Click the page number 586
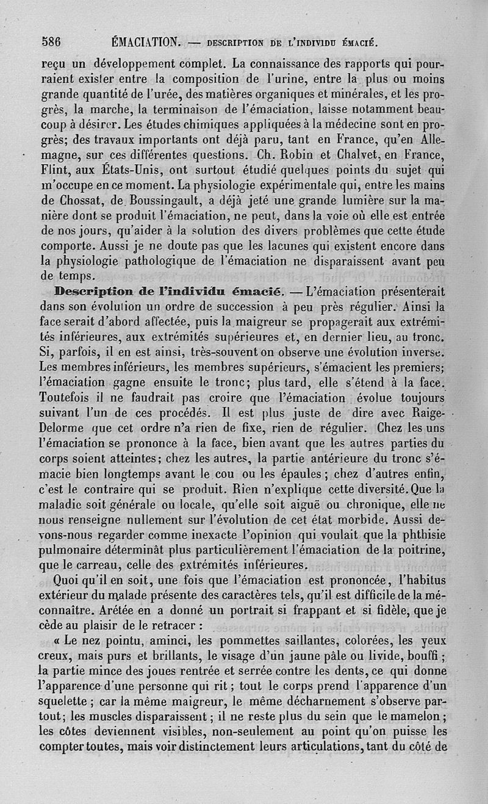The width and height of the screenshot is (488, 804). pos(54,42)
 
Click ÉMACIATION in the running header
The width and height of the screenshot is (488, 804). pos(145,42)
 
